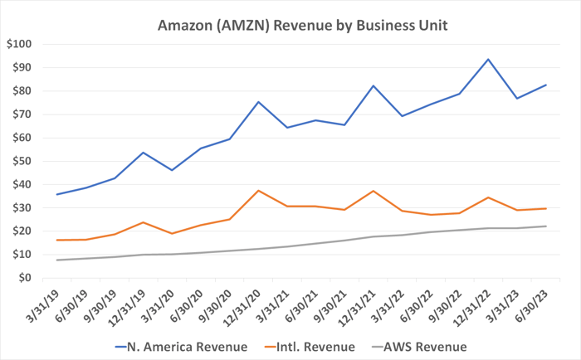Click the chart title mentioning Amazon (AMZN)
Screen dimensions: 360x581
(x=303, y=26)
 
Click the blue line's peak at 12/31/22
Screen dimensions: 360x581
(x=488, y=59)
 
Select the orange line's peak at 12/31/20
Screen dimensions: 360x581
(x=258, y=190)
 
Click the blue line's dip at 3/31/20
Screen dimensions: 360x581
(x=172, y=170)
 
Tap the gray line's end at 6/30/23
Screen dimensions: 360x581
(x=545, y=226)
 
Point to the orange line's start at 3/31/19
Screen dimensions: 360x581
(x=57, y=240)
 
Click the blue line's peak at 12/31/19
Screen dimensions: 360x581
(x=144, y=153)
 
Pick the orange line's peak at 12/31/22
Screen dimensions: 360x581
(x=488, y=197)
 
